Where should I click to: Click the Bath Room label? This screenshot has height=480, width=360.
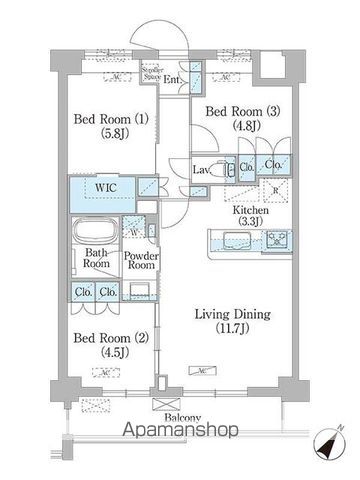point(96,258)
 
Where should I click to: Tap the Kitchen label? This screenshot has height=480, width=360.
point(246,210)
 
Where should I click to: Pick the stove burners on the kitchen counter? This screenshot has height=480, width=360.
point(276,240)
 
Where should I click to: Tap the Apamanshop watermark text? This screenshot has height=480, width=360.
point(179,432)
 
